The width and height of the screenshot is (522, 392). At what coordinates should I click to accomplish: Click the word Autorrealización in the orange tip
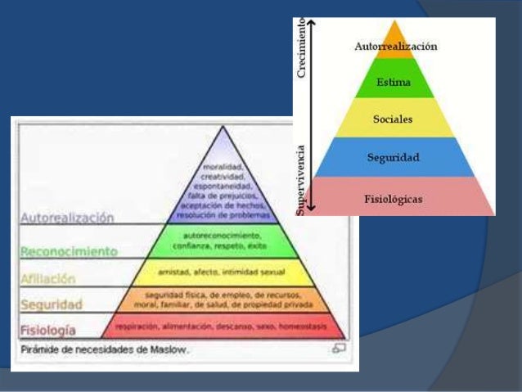tap(395, 47)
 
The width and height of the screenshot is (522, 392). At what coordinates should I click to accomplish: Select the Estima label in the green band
tap(394, 83)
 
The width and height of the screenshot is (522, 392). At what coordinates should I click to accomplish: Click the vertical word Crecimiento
tap(301, 50)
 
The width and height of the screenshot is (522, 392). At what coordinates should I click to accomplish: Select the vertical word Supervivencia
tap(301, 179)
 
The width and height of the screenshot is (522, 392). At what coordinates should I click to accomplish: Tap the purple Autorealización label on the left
tap(67, 219)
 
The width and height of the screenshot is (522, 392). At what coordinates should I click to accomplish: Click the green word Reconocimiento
tap(70, 251)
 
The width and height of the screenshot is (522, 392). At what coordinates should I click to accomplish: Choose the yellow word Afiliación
tap(48, 278)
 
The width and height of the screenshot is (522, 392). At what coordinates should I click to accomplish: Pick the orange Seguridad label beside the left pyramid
tap(52, 304)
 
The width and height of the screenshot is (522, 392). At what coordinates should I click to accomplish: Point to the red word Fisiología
tap(48, 331)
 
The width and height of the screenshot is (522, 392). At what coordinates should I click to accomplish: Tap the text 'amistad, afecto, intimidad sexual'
tap(222, 271)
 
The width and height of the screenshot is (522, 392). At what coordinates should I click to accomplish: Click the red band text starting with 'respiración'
tap(222, 325)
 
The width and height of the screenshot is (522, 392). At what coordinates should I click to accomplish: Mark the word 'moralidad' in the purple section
tap(222, 168)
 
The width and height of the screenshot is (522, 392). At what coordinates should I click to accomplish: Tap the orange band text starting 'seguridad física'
tap(222, 299)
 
